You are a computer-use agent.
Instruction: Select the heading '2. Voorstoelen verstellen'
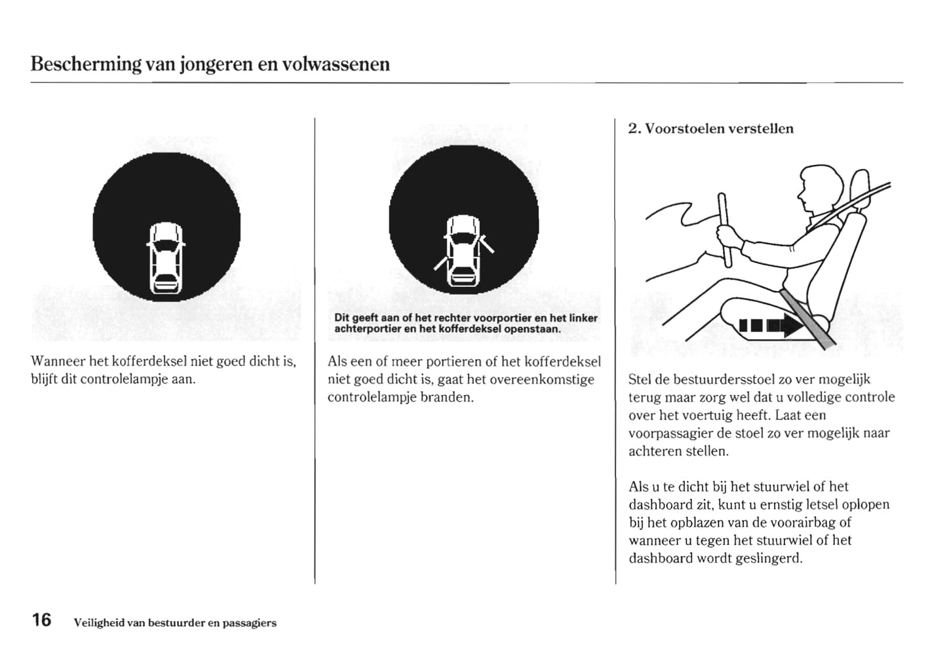pos(710,128)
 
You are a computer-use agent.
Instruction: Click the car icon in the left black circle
pos(166,258)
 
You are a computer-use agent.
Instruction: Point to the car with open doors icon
pos(463,251)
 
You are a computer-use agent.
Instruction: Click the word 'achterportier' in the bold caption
pos(367,329)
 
